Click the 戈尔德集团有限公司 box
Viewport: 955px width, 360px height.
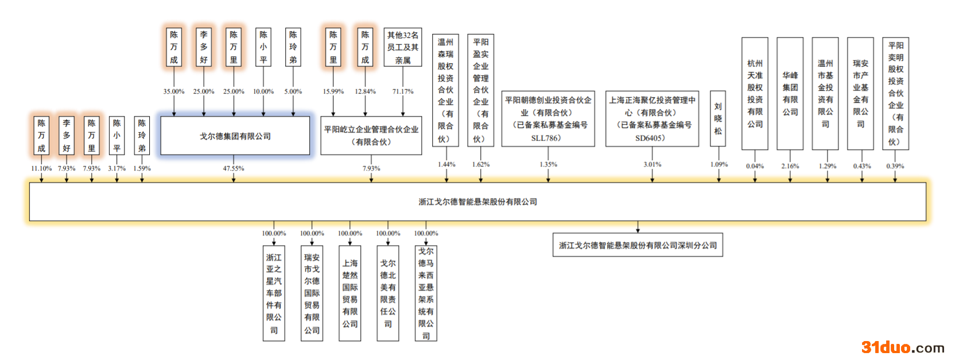[235, 136]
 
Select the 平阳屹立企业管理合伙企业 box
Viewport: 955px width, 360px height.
[371, 136]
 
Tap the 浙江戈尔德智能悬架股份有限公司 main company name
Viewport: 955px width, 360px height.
[478, 202]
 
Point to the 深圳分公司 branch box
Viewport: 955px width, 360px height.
[638, 245]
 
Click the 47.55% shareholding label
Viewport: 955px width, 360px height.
[234, 168]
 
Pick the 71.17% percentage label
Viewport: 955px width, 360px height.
[403, 91]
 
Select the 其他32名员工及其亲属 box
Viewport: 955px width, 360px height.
[403, 47]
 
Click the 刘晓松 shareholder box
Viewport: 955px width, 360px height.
[718, 119]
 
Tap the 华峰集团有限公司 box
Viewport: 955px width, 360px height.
[790, 94]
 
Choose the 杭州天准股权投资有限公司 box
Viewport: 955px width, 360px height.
[755, 94]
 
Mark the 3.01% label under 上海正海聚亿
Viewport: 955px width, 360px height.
[652, 164]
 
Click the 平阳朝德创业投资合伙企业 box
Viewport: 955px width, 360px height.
[548, 119]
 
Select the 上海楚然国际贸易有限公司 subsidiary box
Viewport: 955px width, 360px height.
[350, 293]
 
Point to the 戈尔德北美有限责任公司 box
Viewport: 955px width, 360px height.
[388, 293]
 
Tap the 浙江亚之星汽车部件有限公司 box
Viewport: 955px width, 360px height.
[274, 293]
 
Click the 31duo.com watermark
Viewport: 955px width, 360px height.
[902, 347]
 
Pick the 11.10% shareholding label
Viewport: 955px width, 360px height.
[41, 168]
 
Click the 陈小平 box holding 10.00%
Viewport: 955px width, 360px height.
[263, 47]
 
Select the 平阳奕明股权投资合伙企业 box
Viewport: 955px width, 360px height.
[895, 94]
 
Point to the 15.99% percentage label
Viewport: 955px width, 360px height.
[333, 91]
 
